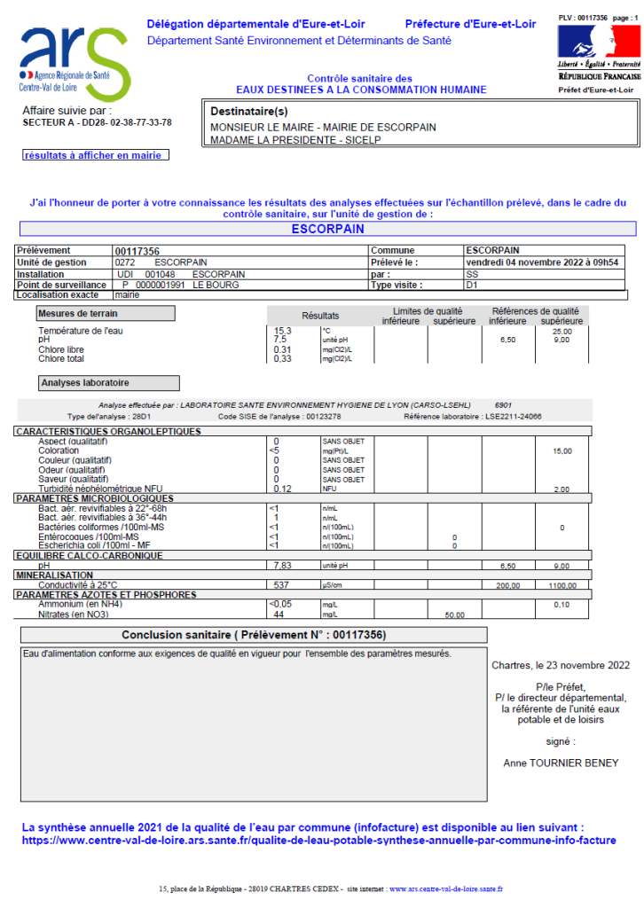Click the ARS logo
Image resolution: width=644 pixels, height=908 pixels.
(x=75, y=60)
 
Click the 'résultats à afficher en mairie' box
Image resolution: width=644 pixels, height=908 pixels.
(x=96, y=155)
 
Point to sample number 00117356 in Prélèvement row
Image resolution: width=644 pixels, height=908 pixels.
(x=137, y=251)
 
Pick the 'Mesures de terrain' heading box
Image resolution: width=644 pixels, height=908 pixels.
(x=105, y=313)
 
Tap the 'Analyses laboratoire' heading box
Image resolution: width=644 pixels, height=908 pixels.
(x=108, y=383)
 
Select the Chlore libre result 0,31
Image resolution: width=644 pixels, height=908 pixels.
(x=283, y=349)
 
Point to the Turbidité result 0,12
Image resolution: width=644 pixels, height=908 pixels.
(x=283, y=489)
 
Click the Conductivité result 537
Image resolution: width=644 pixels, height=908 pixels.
(x=283, y=584)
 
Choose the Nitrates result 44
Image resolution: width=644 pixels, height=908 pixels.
(x=279, y=614)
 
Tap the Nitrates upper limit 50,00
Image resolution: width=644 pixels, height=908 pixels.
(x=454, y=614)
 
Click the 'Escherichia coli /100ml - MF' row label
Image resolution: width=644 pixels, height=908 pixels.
(x=94, y=545)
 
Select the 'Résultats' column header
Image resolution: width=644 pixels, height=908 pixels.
(x=320, y=316)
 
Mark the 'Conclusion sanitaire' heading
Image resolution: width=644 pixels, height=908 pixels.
(x=254, y=635)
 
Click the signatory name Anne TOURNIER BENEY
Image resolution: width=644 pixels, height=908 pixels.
(x=561, y=763)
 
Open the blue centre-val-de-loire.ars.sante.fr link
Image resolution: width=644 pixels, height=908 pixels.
(x=318, y=840)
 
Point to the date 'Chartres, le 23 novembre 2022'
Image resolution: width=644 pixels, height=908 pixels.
(x=561, y=665)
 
